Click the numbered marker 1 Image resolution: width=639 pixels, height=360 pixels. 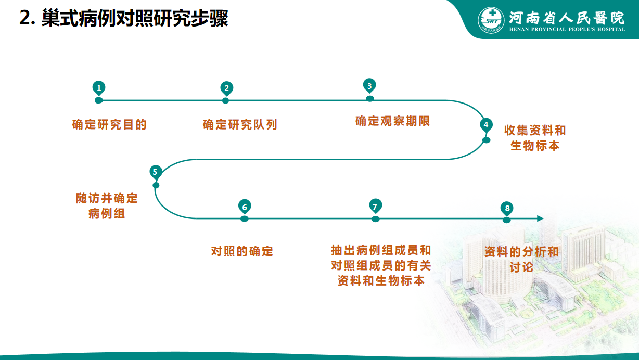(x=99, y=88)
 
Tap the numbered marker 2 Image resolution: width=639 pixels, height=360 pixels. (x=226, y=88)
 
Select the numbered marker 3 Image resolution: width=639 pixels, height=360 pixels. (x=369, y=86)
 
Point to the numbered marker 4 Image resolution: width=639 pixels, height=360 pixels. (x=486, y=125)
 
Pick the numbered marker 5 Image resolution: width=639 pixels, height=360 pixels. (x=156, y=172)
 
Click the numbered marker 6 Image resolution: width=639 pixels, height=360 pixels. (x=245, y=207)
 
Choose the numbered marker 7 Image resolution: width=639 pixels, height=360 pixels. (x=375, y=206)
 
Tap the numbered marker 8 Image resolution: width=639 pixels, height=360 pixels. (x=507, y=208)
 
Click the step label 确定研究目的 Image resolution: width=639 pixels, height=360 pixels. (x=109, y=125)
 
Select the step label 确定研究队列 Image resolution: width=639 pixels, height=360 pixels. (x=240, y=125)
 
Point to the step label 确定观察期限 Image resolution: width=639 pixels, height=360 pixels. (x=392, y=121)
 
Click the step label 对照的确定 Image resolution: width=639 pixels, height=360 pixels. (x=242, y=251)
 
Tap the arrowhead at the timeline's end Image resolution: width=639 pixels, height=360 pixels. (x=540, y=218)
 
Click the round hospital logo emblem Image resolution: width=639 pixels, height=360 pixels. (x=491, y=20)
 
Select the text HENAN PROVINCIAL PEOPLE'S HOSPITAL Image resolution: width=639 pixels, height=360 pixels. (x=567, y=29)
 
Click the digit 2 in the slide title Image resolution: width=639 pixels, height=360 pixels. (x=25, y=18)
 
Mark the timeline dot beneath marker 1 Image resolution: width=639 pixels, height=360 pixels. (x=99, y=100)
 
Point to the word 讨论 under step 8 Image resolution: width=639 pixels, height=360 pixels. (x=521, y=267)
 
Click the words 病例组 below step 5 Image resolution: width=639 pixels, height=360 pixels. (x=107, y=213)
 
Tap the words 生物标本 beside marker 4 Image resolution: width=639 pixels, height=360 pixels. (x=535, y=146)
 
